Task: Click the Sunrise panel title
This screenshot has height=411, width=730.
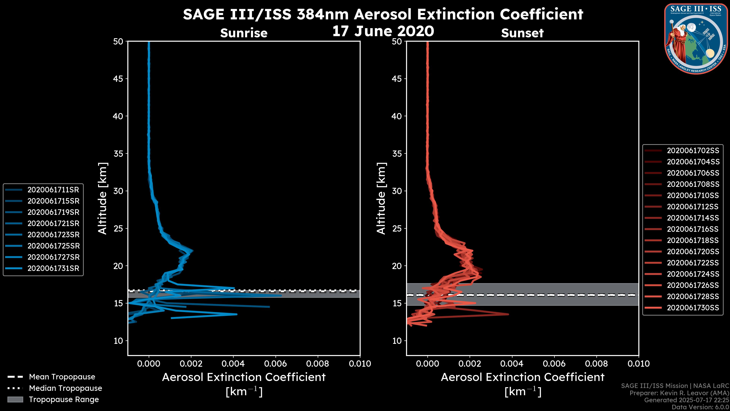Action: (244, 33)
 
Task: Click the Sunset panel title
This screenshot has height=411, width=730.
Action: (522, 33)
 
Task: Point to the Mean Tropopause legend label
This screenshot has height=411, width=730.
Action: (62, 377)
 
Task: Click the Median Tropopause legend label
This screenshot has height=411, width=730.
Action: (65, 388)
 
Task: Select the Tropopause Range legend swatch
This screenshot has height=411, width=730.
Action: (15, 399)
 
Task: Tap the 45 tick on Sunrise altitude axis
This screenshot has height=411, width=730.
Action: (118, 79)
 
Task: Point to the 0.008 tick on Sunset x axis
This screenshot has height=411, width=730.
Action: (597, 364)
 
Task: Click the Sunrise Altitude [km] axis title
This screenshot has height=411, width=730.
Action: (103, 198)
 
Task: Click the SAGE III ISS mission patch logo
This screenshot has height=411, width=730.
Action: (696, 39)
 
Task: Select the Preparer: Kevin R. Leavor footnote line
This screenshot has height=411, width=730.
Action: (679, 393)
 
